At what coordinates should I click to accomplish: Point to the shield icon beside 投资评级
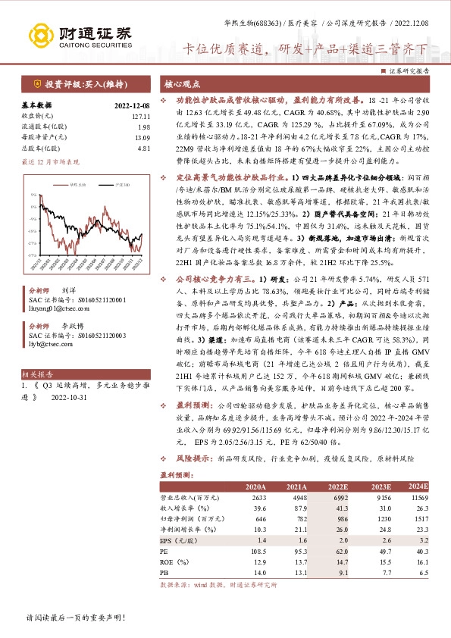pyautogui.click(x=37, y=83)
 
